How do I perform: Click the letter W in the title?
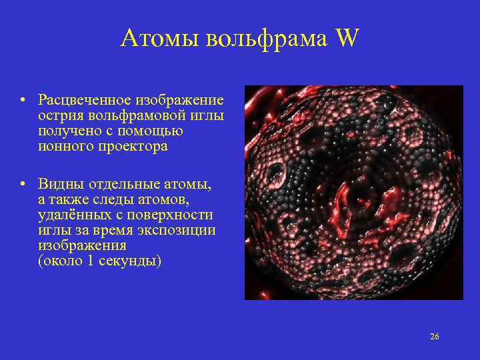tap(347, 39)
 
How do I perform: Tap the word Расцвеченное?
tap(86, 101)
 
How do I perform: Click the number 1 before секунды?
tap(89, 261)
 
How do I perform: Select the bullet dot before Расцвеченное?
tap(23, 101)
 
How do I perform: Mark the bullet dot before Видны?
tap(23, 184)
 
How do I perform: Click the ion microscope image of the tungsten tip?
tap(353, 192)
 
